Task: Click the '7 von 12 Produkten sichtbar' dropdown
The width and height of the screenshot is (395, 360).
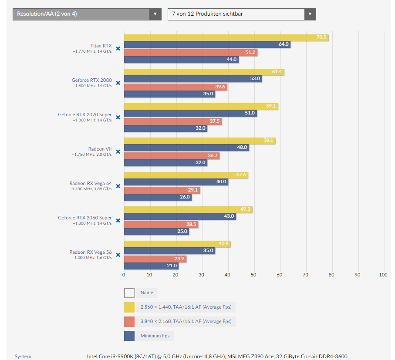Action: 242,14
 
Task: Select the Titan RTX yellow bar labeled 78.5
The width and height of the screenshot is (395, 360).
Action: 226,37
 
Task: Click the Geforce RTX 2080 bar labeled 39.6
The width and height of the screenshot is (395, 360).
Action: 176,87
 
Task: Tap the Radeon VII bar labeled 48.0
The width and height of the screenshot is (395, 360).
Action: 186,148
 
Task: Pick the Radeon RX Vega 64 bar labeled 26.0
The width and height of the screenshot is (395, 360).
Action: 158,197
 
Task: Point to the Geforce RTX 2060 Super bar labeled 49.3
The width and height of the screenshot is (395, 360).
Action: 188,210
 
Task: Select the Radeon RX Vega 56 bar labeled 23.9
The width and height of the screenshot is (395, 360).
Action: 155,259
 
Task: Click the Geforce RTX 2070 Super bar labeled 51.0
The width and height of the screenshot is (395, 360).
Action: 190,113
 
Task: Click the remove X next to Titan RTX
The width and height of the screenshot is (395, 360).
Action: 118,49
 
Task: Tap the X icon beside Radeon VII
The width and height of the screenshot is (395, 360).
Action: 118,152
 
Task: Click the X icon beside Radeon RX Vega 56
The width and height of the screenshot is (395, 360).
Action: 118,255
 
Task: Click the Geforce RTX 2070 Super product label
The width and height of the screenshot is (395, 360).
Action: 85,115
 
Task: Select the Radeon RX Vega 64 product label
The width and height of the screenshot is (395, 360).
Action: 91,184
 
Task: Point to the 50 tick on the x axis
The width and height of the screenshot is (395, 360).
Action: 253,275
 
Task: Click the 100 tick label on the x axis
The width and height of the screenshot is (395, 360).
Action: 383,275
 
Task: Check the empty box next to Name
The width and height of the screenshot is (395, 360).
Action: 129,293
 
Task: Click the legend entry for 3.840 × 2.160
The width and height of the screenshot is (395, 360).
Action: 186,322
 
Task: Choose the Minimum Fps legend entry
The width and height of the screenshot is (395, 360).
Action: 155,336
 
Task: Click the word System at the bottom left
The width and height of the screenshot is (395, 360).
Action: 23,357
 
